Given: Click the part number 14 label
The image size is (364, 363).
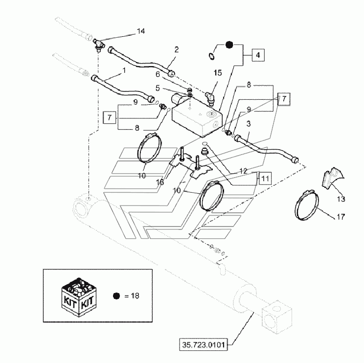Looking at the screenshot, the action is [141, 31].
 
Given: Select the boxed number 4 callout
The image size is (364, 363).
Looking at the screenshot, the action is [258, 55].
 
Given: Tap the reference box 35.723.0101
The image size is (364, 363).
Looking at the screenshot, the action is [204, 345].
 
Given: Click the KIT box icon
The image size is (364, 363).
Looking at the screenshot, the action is [79, 297].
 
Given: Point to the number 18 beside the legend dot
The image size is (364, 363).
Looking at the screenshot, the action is [135, 295].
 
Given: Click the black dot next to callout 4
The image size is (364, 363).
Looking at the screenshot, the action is [229, 45].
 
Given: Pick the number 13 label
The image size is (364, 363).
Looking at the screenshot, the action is [341, 199].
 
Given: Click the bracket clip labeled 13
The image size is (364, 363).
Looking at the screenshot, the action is [332, 177].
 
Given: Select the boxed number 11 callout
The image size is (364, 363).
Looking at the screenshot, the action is [265, 179].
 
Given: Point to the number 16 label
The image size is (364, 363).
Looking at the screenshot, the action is [160, 182].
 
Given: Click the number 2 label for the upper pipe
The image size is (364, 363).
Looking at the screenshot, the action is [177, 50].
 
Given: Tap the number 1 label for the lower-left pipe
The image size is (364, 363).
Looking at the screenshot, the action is [124, 70].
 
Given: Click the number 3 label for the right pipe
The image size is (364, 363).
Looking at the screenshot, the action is [249, 124].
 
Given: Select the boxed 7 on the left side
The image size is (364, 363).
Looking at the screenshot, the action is [110, 117].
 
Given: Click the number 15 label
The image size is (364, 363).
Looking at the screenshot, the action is [218, 73].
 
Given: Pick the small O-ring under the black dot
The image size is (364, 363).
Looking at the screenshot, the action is [211, 56].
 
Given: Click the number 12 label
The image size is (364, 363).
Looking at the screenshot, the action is [243, 171].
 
